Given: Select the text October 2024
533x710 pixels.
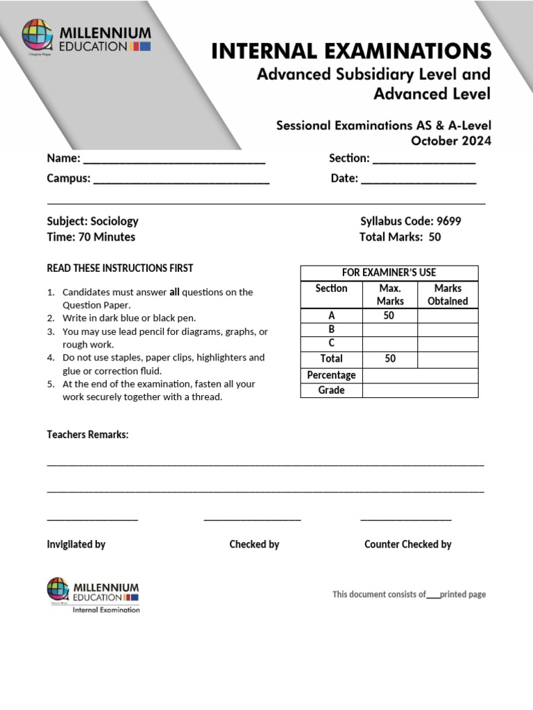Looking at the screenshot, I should pos(451,141).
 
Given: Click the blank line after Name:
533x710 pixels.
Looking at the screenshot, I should pos(174,159).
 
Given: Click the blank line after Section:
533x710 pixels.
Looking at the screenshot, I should pos(423,159).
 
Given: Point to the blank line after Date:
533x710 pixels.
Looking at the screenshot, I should pos(418,179).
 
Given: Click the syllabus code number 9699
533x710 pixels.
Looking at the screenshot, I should pos(448,221).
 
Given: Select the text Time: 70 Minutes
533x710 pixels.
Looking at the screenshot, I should pos(91,237).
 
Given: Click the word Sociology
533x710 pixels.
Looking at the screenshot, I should pos(115,221).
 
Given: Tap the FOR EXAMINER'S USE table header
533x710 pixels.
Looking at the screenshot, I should pos(389,272).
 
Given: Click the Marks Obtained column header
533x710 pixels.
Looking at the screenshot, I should pos(448,295).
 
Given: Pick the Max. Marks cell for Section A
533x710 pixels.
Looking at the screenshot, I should pos(389,315).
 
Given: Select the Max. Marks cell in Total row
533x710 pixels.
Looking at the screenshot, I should pos(389,358).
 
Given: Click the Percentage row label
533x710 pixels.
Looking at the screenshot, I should pos(331,375).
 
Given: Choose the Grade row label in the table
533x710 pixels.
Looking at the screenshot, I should pos(331,390).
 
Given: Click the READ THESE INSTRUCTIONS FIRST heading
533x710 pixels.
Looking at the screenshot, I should pos(120,268).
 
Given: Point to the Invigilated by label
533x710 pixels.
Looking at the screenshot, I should pos(76,544).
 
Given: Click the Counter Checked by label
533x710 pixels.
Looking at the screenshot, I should pos(407,544).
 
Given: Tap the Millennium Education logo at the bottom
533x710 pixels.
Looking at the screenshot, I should pos(93,595).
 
